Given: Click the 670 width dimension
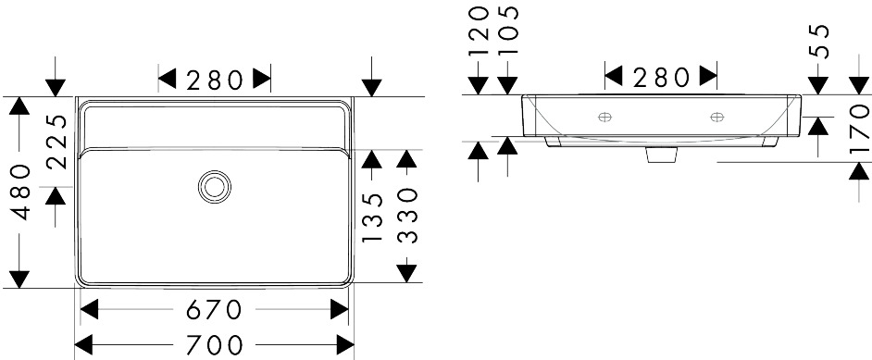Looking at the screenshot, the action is [x=214, y=309].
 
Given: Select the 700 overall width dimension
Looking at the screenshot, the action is [x=214, y=345].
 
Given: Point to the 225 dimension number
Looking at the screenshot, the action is [x=56, y=142].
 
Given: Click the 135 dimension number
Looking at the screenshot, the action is [x=372, y=217].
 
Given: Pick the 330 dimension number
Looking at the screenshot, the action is [x=407, y=216].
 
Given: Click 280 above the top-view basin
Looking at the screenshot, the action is [x=214, y=80].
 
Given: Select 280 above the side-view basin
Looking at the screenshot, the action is [x=661, y=77].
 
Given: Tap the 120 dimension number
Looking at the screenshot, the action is [x=479, y=31].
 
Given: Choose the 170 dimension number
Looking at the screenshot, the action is [x=859, y=129].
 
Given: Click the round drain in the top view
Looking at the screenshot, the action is [x=215, y=186].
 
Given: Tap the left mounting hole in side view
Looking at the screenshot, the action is [x=604, y=117].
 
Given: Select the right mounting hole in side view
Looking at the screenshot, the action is [x=716, y=117].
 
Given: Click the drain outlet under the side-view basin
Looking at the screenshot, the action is [x=662, y=154].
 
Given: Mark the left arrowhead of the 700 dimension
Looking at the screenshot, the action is [x=83, y=345].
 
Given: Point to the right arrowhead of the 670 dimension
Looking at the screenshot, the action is [x=339, y=309].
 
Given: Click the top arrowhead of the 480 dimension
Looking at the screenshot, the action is [x=19, y=106].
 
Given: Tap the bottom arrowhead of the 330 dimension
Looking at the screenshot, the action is [x=407, y=273].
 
